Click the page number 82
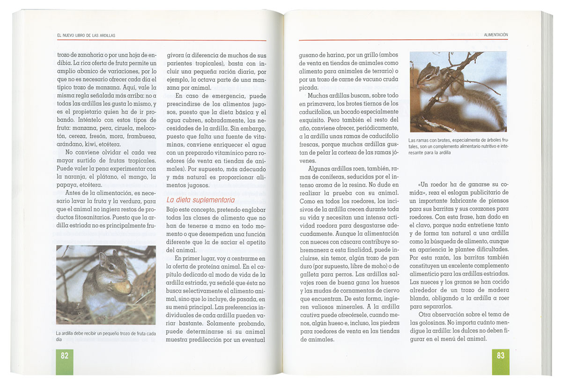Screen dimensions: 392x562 [x=65, y=355]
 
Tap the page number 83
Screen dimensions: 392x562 [x=501, y=355]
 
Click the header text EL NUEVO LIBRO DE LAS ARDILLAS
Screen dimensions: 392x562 [x=86, y=36]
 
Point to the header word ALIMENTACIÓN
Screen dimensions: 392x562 [x=496, y=35]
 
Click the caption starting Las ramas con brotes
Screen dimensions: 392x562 [x=458, y=146]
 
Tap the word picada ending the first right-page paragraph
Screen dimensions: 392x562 [x=309, y=88]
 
